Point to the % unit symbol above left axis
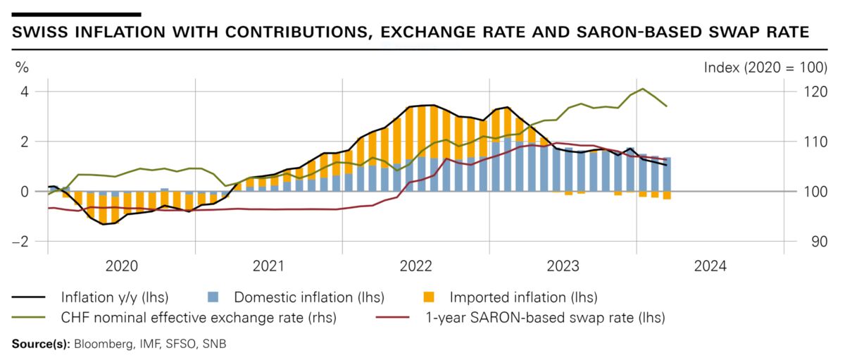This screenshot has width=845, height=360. click(23, 68)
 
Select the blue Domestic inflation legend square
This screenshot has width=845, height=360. click(215, 297)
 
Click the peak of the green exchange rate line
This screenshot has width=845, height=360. click(642, 89)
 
